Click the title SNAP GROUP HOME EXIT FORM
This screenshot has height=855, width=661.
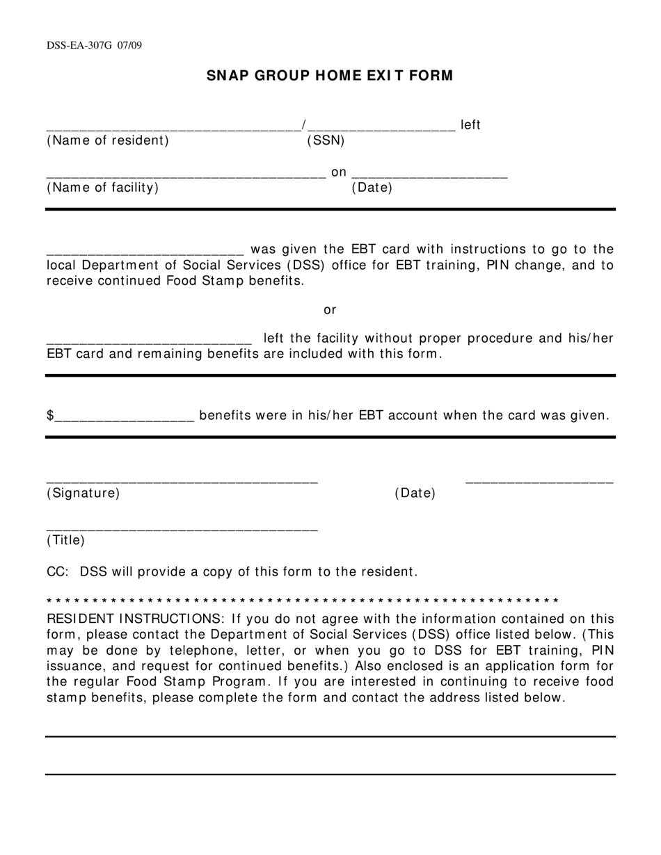(330, 76)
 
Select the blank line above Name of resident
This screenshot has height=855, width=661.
(173, 129)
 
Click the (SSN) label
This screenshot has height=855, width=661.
(326, 140)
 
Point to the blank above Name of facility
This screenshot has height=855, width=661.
(186, 177)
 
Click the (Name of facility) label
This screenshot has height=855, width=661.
(102, 188)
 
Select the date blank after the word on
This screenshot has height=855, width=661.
(429, 177)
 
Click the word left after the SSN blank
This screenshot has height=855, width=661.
(471, 125)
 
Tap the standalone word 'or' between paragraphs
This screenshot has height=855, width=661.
(330, 310)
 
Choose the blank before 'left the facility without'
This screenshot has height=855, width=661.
(149, 342)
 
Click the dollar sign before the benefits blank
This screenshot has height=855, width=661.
(50, 416)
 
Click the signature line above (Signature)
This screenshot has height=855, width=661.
(182, 481)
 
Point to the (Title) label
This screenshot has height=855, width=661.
(65, 540)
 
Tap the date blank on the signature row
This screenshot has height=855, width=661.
(539, 481)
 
